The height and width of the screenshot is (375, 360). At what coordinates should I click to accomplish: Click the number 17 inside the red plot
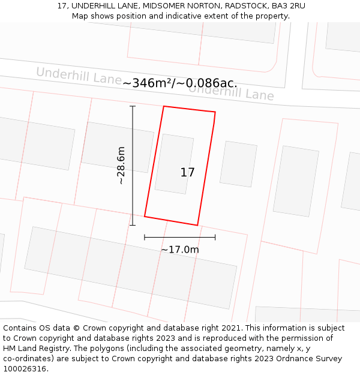187,173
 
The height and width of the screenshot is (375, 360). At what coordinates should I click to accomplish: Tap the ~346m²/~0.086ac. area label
180,83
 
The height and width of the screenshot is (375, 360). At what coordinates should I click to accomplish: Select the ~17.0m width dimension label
179,250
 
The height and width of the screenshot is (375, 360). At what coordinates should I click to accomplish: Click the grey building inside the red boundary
174,163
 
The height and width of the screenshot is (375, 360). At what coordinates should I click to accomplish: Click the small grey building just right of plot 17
238,164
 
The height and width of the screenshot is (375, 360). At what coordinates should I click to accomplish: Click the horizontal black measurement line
179,238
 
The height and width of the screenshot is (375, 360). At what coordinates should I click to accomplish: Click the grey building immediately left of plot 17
118,147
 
